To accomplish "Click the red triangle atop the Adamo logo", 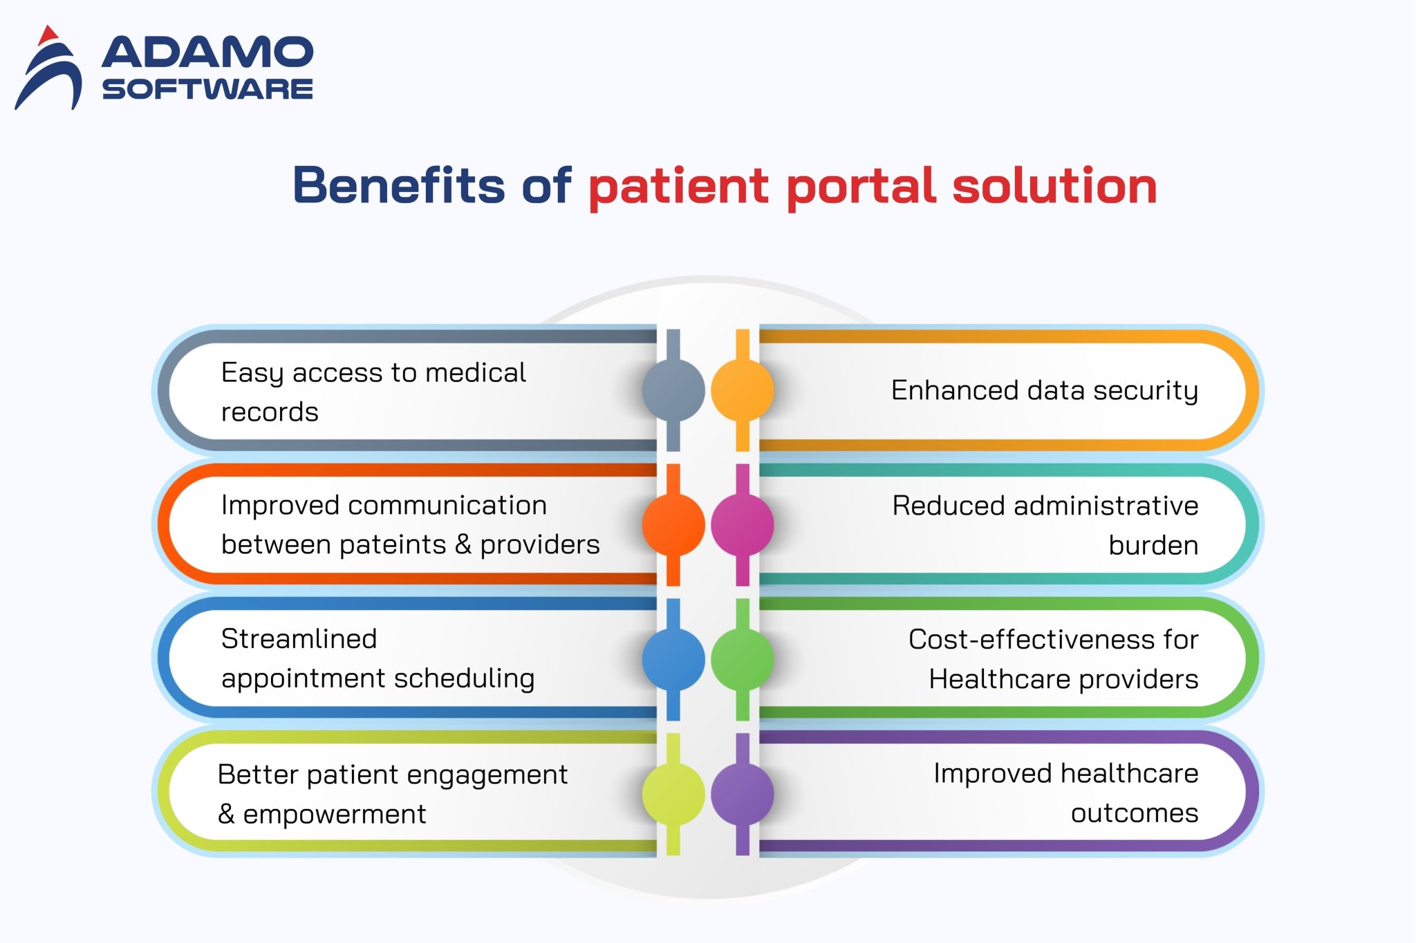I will [47, 36].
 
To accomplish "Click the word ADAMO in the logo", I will [207, 53].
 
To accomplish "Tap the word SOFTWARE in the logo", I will [207, 89].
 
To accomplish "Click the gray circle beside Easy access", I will [673, 390].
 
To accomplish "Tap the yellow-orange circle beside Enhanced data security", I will [742, 390].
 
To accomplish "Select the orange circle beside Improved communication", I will [673, 525].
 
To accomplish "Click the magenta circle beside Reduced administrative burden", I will [742, 525].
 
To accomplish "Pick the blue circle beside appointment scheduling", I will [673, 660].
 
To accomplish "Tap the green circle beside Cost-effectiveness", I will [742, 660].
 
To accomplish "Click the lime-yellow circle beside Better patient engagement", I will [673, 794].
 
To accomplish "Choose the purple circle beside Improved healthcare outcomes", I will [742, 794].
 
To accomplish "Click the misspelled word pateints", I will [392, 545].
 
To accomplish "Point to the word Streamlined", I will [299, 639].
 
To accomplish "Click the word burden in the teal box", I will [1153, 546].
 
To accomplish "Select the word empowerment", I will [334, 815].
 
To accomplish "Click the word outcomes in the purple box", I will [1134, 813].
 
